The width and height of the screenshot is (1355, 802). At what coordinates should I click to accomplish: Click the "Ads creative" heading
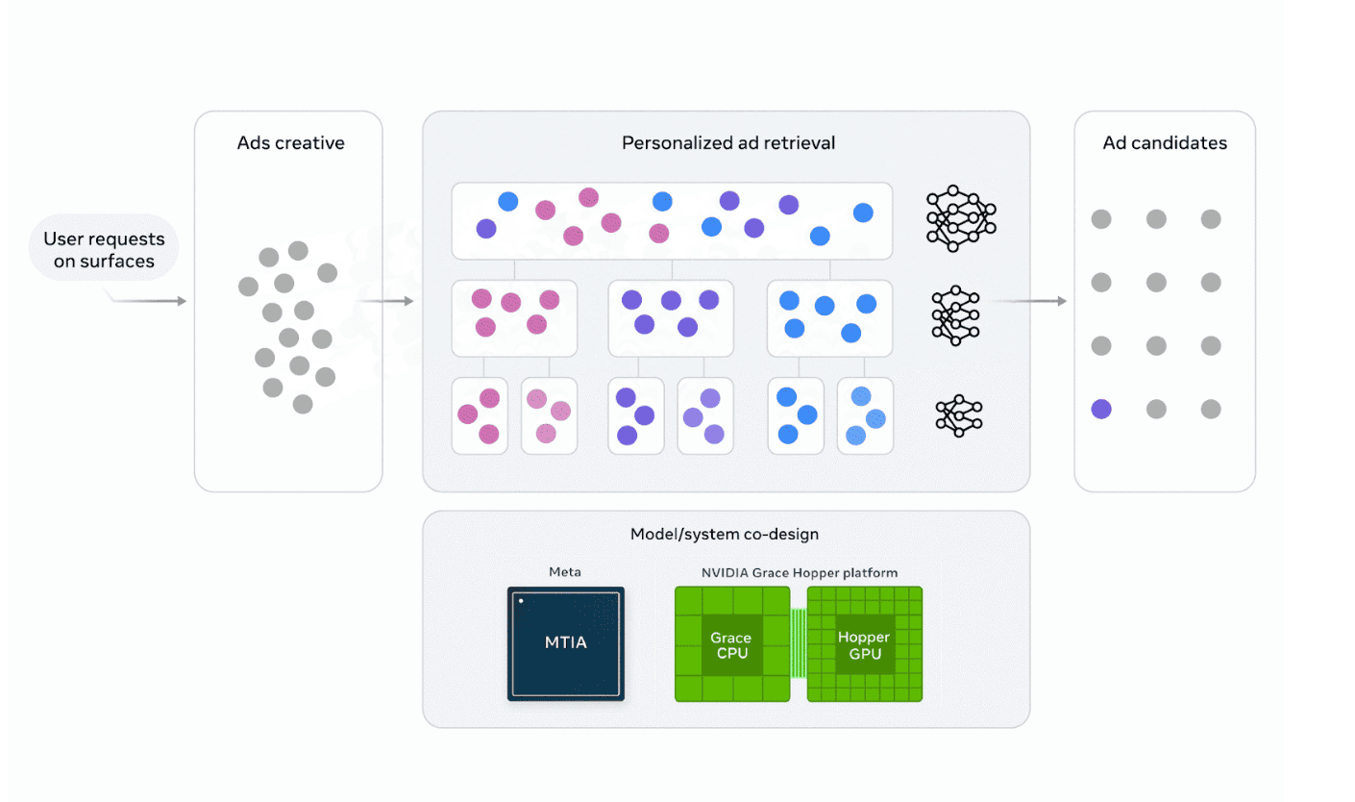(x=290, y=144)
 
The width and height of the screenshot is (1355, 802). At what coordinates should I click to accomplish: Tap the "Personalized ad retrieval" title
(x=728, y=143)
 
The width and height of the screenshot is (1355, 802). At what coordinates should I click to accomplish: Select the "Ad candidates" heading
(x=1165, y=143)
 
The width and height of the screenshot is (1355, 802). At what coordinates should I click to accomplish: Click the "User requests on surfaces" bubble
(x=104, y=249)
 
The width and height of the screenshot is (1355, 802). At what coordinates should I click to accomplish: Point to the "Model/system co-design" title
(x=725, y=534)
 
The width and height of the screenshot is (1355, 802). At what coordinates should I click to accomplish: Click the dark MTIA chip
(x=565, y=643)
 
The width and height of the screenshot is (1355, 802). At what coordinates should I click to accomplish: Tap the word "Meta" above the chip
(x=565, y=572)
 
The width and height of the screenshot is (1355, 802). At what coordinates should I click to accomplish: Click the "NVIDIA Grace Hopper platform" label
(x=799, y=572)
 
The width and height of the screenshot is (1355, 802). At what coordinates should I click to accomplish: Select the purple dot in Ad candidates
(x=1101, y=410)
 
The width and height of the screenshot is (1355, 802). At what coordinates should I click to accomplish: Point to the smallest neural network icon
(x=959, y=415)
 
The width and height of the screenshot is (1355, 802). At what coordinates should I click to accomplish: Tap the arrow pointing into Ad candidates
(x=1030, y=302)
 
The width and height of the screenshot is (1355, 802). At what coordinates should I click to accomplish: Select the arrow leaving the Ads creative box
(x=388, y=302)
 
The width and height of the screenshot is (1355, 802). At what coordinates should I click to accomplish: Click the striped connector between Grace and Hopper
(x=798, y=643)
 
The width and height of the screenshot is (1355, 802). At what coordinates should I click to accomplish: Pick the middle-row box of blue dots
(x=829, y=318)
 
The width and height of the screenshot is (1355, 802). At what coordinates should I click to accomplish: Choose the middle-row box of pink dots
(x=514, y=318)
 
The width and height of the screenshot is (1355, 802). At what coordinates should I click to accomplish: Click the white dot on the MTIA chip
(x=521, y=601)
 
